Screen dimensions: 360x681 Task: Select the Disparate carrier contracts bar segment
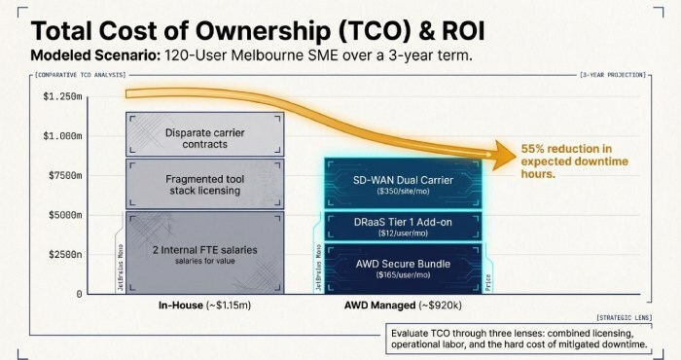203,137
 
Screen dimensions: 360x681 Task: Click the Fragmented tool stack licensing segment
203,184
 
